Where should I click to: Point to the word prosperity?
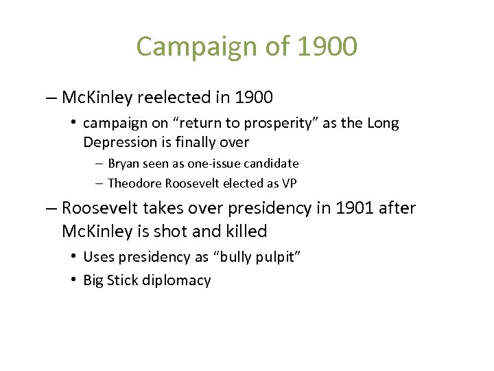pyautogui.click(x=266, y=124)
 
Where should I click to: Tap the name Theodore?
pyautogui.click(x=136, y=183)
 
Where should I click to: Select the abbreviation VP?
pyautogui.click(x=289, y=183)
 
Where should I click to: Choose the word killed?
pyautogui.click(x=246, y=232)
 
